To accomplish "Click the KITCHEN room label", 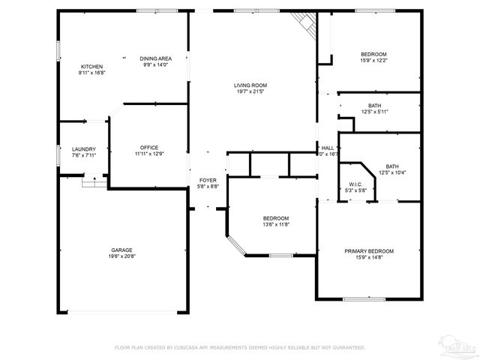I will tap(92, 67).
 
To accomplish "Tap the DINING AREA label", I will tap(156, 58).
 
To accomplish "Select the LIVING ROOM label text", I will tap(250, 85).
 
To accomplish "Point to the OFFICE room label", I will tap(149, 147).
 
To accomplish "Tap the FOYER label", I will tap(207, 180).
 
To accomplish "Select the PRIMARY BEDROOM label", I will tap(369, 250).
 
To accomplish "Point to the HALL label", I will tap(328, 148).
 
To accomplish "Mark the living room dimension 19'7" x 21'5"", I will tap(250, 92).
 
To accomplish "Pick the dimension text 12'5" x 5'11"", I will tap(374, 112).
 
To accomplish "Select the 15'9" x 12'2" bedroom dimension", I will tap(373, 61).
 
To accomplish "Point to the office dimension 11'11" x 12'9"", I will tap(149, 154).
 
